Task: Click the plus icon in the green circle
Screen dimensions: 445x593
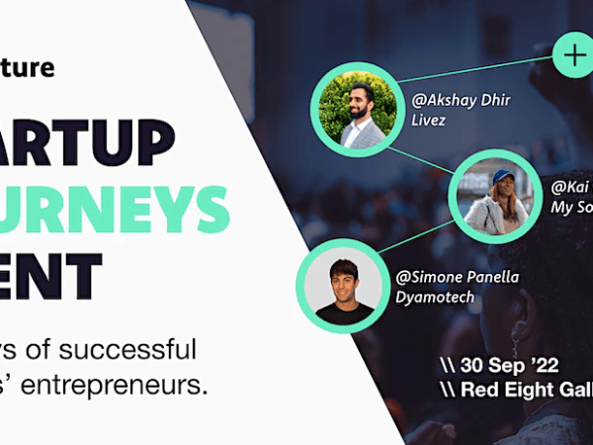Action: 574,53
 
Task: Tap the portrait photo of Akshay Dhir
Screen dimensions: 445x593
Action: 353,108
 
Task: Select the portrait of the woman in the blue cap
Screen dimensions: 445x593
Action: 491,196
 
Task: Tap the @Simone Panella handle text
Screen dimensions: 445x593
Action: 456,276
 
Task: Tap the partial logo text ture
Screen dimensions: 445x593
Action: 27,67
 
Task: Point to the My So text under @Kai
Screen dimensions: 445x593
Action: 571,208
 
